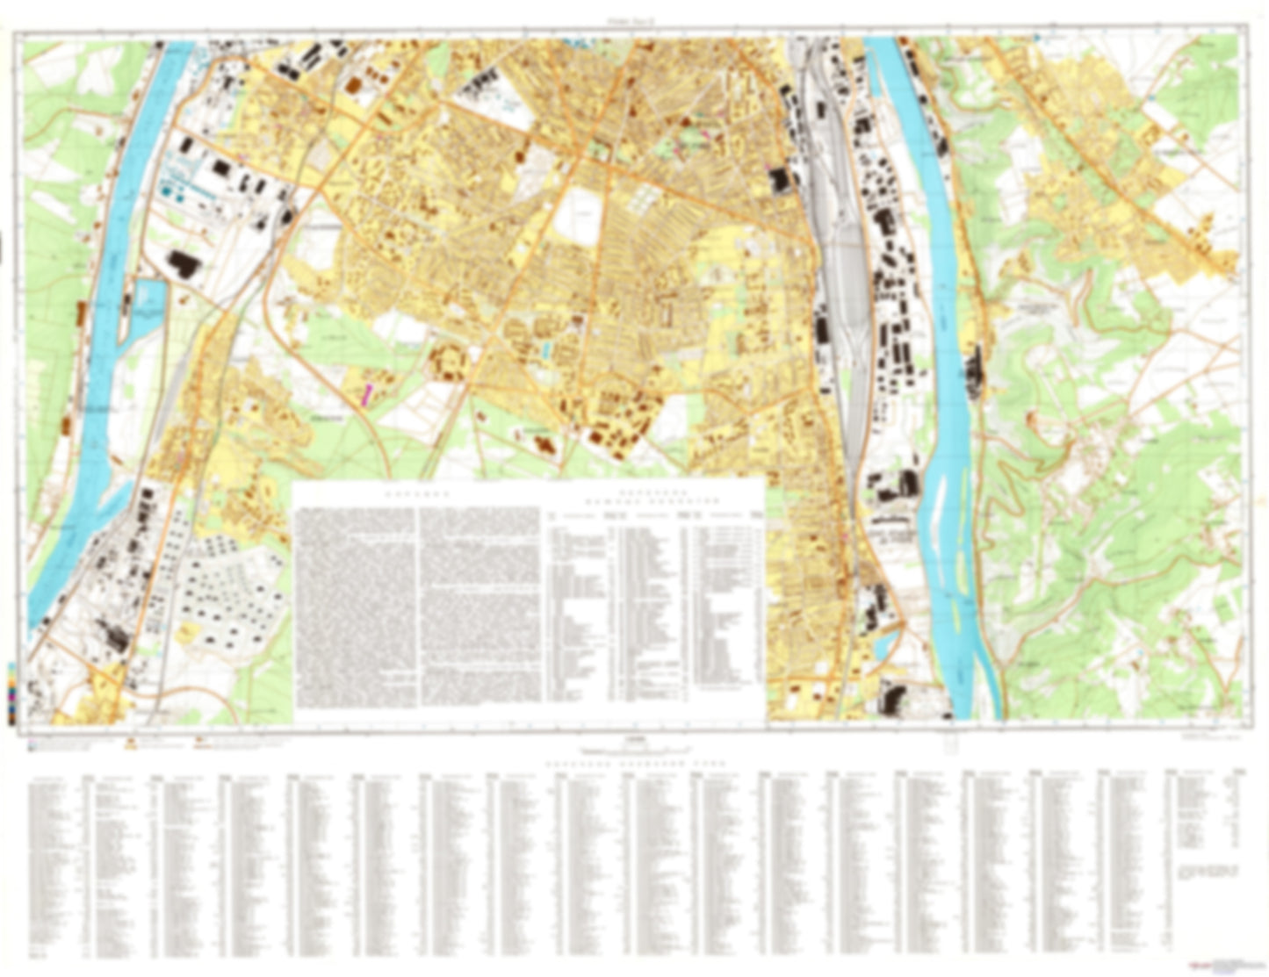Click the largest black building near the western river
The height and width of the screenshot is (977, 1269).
click(x=184, y=263)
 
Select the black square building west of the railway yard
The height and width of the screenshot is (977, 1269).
click(x=777, y=181)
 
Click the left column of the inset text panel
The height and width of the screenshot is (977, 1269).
click(x=355, y=606)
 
